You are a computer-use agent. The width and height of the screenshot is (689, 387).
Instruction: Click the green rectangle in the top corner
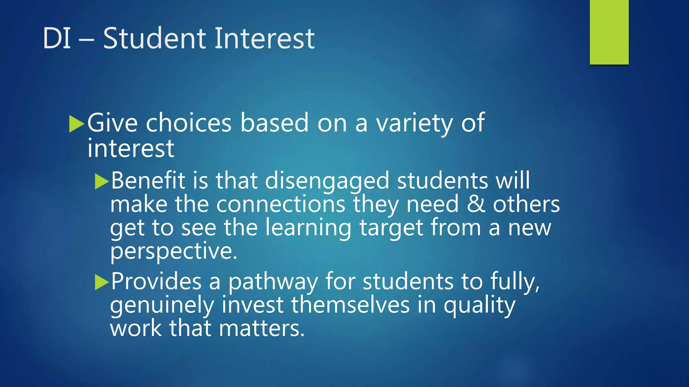coord(609,32)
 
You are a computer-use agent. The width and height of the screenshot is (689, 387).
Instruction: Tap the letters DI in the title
coord(57,38)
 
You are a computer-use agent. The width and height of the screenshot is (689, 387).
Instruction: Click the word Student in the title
coord(154,38)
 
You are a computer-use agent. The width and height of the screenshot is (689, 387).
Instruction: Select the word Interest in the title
coord(264,38)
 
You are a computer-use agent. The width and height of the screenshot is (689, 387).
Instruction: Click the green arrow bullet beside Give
coord(76,124)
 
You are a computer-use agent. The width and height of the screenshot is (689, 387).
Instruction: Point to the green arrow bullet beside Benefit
coord(102,181)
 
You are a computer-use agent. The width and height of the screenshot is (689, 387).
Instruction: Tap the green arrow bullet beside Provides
coord(102,282)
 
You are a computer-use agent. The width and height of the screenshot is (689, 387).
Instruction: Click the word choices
coord(189,123)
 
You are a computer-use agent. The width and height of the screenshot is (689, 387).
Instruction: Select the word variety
coord(414,124)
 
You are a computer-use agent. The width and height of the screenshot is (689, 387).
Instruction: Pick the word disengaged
coord(327,181)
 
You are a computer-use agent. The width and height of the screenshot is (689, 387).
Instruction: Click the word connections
coord(281,204)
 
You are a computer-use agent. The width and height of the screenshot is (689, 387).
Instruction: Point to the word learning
coord(308,228)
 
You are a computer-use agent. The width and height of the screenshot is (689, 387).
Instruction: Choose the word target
coord(391,228)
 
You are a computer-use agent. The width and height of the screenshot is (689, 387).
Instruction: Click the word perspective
coord(174,251)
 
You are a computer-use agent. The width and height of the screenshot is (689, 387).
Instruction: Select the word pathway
coord(273,282)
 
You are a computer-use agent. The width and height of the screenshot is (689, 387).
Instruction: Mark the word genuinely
coord(162,305)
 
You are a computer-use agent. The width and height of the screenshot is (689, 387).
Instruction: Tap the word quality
coord(479,305)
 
